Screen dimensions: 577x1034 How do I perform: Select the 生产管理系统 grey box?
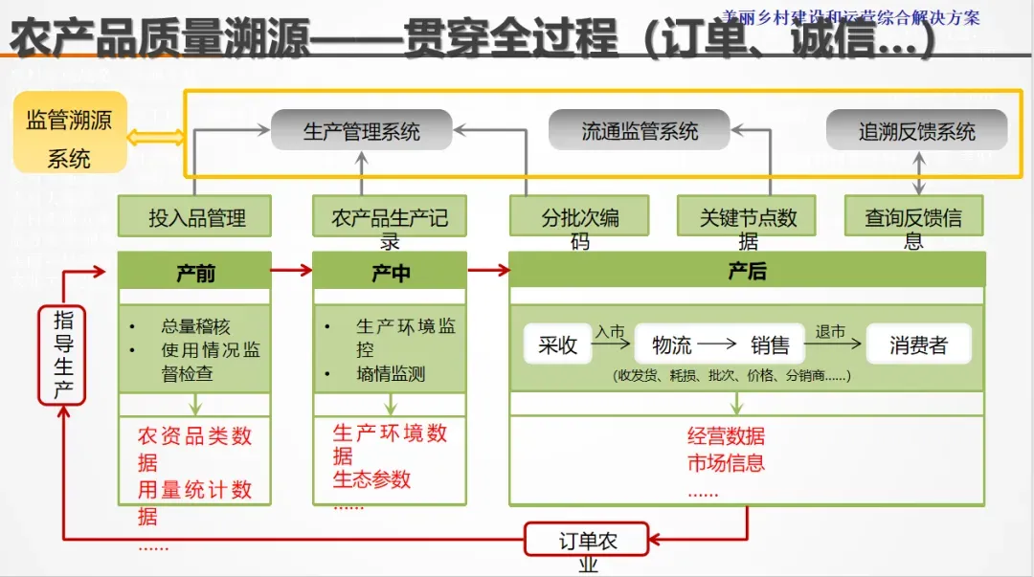click(361, 130)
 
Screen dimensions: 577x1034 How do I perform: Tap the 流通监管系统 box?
click(640, 130)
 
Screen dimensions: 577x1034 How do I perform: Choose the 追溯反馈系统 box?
click(916, 130)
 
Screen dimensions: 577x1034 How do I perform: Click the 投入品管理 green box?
click(194, 217)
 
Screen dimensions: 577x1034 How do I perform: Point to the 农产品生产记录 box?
click(390, 217)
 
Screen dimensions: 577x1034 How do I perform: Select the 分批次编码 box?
click(579, 217)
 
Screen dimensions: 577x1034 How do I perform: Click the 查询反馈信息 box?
click(913, 217)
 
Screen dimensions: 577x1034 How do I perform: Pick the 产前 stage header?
click(194, 272)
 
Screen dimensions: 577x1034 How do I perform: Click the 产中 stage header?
click(390, 272)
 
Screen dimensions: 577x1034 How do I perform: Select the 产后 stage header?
click(747, 271)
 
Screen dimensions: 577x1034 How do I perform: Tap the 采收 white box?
click(557, 344)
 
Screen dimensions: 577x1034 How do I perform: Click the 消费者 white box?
click(917, 344)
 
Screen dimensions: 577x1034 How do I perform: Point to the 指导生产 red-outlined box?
click(63, 355)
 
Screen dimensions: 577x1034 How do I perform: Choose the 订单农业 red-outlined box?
click(587, 540)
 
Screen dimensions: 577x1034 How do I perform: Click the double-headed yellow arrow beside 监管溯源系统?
click(157, 138)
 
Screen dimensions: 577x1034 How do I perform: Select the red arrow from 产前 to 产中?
click(292, 271)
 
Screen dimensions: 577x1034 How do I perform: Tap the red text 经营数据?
click(726, 436)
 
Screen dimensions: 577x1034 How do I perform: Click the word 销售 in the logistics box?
click(770, 344)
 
